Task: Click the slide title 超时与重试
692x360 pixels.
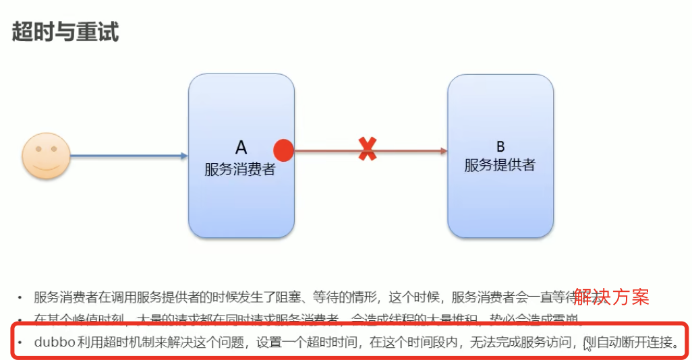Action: pos(65,32)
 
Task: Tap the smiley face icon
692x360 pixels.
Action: pos(45,156)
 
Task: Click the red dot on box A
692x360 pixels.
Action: pos(283,150)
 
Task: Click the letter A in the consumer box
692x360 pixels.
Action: pos(241,147)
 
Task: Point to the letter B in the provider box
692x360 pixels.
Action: pos(500,147)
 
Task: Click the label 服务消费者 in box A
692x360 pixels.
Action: pos(240,169)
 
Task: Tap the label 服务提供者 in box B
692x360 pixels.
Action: pos(500,165)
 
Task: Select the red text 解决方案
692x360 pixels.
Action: pos(611,297)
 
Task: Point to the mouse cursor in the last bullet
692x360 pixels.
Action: pos(588,345)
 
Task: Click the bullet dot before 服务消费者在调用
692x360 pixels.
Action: pos(20,297)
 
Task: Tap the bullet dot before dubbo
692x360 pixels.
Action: pos(20,342)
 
